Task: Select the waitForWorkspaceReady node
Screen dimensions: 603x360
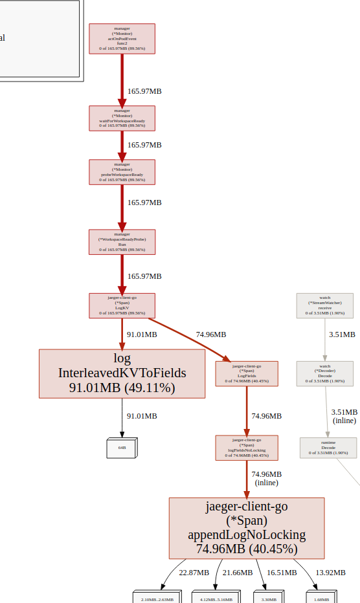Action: tap(122, 118)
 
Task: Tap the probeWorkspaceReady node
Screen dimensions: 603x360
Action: tap(122, 171)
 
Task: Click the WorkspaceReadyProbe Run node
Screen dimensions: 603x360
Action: tap(122, 242)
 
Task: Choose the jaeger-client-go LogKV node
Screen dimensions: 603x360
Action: tap(122, 305)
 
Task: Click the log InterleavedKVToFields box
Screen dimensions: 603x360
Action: tap(122, 373)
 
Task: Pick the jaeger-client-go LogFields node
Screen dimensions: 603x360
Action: tap(247, 373)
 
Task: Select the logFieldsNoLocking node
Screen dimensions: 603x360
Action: tap(247, 447)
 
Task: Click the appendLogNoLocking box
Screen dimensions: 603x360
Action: tap(247, 528)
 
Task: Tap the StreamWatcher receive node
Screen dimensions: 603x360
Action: tap(324, 305)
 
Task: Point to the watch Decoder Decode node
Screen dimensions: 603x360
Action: tap(324, 373)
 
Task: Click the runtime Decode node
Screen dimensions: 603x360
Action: tap(328, 447)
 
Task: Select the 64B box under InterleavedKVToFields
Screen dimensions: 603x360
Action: tap(122, 448)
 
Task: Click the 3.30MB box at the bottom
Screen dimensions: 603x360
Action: tap(269, 598)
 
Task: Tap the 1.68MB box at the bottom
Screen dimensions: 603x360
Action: tap(322, 598)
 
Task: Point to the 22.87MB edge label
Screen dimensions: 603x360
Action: tap(194, 573)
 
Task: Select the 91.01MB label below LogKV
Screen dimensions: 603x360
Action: tap(141, 334)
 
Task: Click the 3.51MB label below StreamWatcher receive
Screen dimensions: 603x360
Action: tap(342, 334)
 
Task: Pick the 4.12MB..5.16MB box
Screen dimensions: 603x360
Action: tap(216, 598)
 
